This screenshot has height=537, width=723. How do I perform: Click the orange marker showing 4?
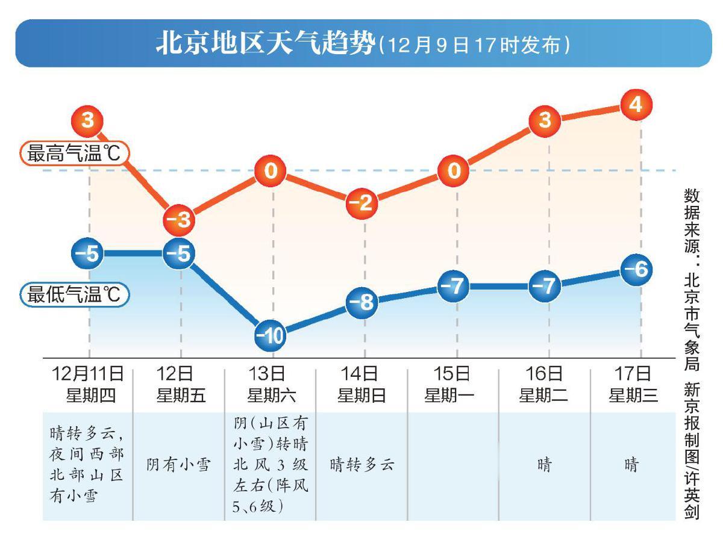point(636,105)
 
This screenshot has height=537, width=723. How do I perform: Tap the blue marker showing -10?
point(272,337)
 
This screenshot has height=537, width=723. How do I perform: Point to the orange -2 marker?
point(363,203)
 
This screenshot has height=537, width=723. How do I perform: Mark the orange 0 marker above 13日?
point(272,172)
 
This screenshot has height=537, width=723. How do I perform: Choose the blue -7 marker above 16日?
point(546,287)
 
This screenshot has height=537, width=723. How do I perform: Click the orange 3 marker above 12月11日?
point(89,121)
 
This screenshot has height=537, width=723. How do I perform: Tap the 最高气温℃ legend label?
point(74,154)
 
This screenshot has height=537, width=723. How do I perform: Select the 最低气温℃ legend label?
point(74,295)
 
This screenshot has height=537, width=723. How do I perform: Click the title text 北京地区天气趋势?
point(265,45)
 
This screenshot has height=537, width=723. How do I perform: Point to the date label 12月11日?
point(89,374)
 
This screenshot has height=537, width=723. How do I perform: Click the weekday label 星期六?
point(272,396)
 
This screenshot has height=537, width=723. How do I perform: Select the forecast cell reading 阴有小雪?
point(179,465)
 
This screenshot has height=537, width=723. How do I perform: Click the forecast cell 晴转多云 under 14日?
point(362,465)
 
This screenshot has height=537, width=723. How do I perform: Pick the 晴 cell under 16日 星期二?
point(544,465)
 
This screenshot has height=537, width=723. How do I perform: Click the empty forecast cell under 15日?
point(453,465)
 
